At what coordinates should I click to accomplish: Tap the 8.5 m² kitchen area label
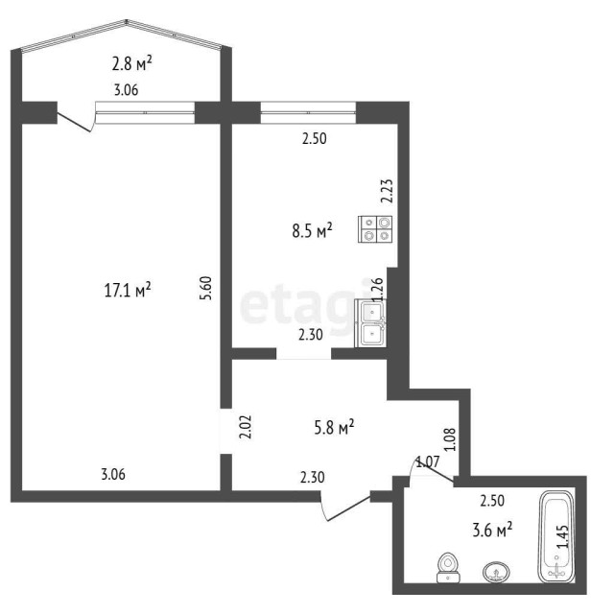click(x=312, y=230)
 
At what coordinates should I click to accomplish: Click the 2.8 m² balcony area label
click(x=131, y=65)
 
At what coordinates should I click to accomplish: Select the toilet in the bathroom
click(x=446, y=568)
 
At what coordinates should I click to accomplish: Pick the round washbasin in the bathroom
click(x=495, y=573)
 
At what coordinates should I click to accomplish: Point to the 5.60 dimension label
click(x=205, y=289)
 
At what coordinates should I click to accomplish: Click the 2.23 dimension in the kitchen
click(x=387, y=193)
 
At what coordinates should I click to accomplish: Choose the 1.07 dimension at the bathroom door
click(x=427, y=463)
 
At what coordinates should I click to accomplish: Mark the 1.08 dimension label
click(x=452, y=439)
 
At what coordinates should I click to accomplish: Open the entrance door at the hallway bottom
click(x=345, y=508)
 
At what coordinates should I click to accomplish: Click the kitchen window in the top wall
click(x=307, y=113)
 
